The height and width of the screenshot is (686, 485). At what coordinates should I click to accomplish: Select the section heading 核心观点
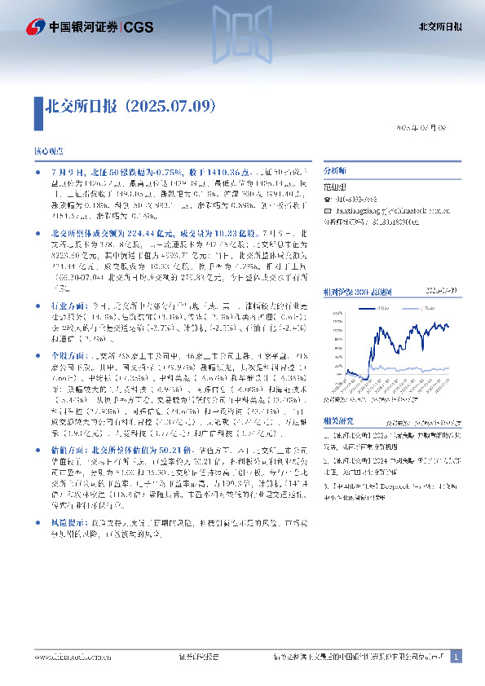pyautogui.click(x=48, y=152)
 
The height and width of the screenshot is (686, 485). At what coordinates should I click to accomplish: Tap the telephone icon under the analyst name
pyautogui.click(x=328, y=199)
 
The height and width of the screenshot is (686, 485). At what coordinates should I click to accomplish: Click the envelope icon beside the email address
pyautogui.click(x=328, y=210)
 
